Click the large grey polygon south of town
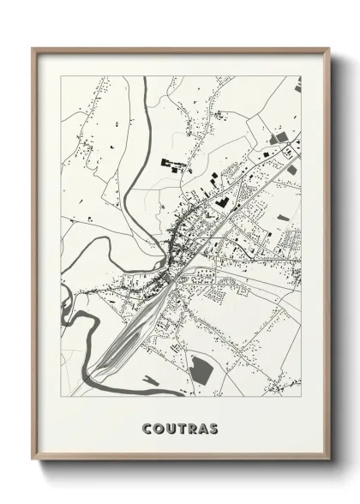click(202, 369)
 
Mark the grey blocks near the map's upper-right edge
click(279, 137)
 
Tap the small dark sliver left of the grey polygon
click(151, 381)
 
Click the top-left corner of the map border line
click(61, 76)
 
